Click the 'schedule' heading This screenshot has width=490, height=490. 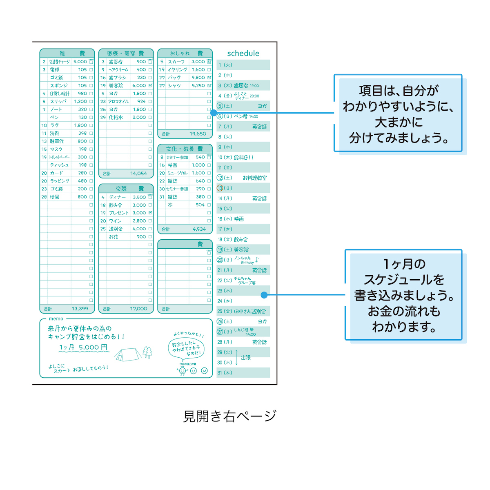243,53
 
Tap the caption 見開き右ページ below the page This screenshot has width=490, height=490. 230,416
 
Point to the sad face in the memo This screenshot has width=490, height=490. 205,371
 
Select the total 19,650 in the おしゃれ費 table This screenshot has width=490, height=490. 198,134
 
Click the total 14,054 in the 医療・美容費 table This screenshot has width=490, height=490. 138,174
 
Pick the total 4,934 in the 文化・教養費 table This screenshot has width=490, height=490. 199,229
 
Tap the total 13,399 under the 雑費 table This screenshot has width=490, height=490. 80,309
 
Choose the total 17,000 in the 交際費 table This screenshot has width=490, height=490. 138,309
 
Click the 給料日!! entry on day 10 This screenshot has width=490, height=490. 244,158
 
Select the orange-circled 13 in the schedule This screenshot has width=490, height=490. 220,188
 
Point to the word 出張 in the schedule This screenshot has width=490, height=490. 246,358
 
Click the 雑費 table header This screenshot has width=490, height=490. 67,53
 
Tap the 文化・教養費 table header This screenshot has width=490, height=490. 185,149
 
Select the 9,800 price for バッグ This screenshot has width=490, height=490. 198,78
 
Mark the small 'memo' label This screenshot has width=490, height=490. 56,318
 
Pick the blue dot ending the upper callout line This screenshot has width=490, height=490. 214,113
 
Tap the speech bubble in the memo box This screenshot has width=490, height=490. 186,348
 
